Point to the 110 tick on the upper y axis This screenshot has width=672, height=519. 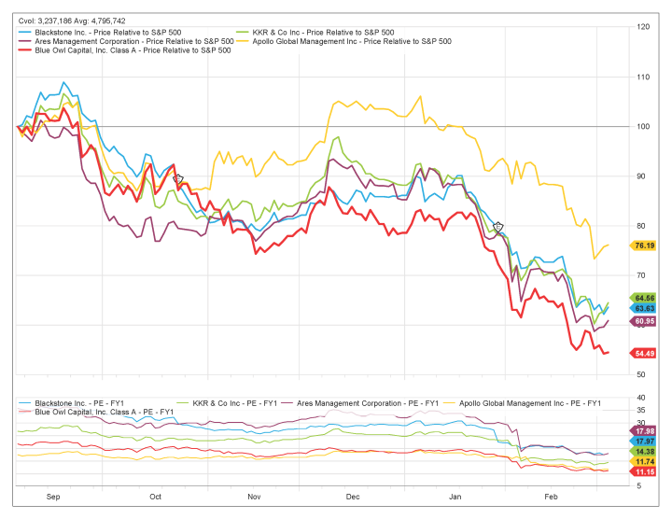[643, 77]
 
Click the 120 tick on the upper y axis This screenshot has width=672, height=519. [643, 27]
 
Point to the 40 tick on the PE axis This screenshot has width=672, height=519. [641, 398]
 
